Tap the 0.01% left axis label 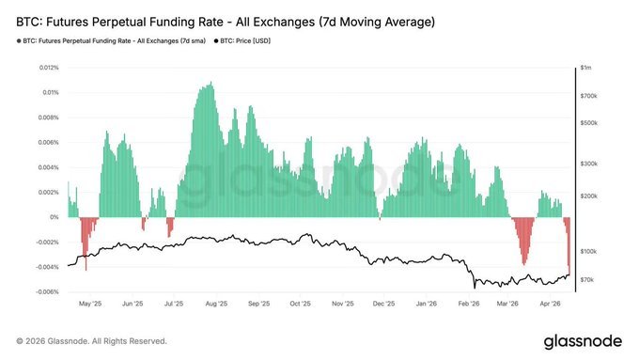click(x=51, y=93)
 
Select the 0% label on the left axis click(x=55, y=217)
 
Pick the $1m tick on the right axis click(x=587, y=69)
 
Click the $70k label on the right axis click(x=587, y=280)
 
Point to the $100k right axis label click(x=588, y=252)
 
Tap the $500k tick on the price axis click(x=588, y=123)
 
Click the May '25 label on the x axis click(x=90, y=305)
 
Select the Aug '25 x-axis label click(x=216, y=305)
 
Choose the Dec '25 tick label click(x=384, y=305)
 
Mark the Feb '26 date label click(x=469, y=305)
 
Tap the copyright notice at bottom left click(x=91, y=340)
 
